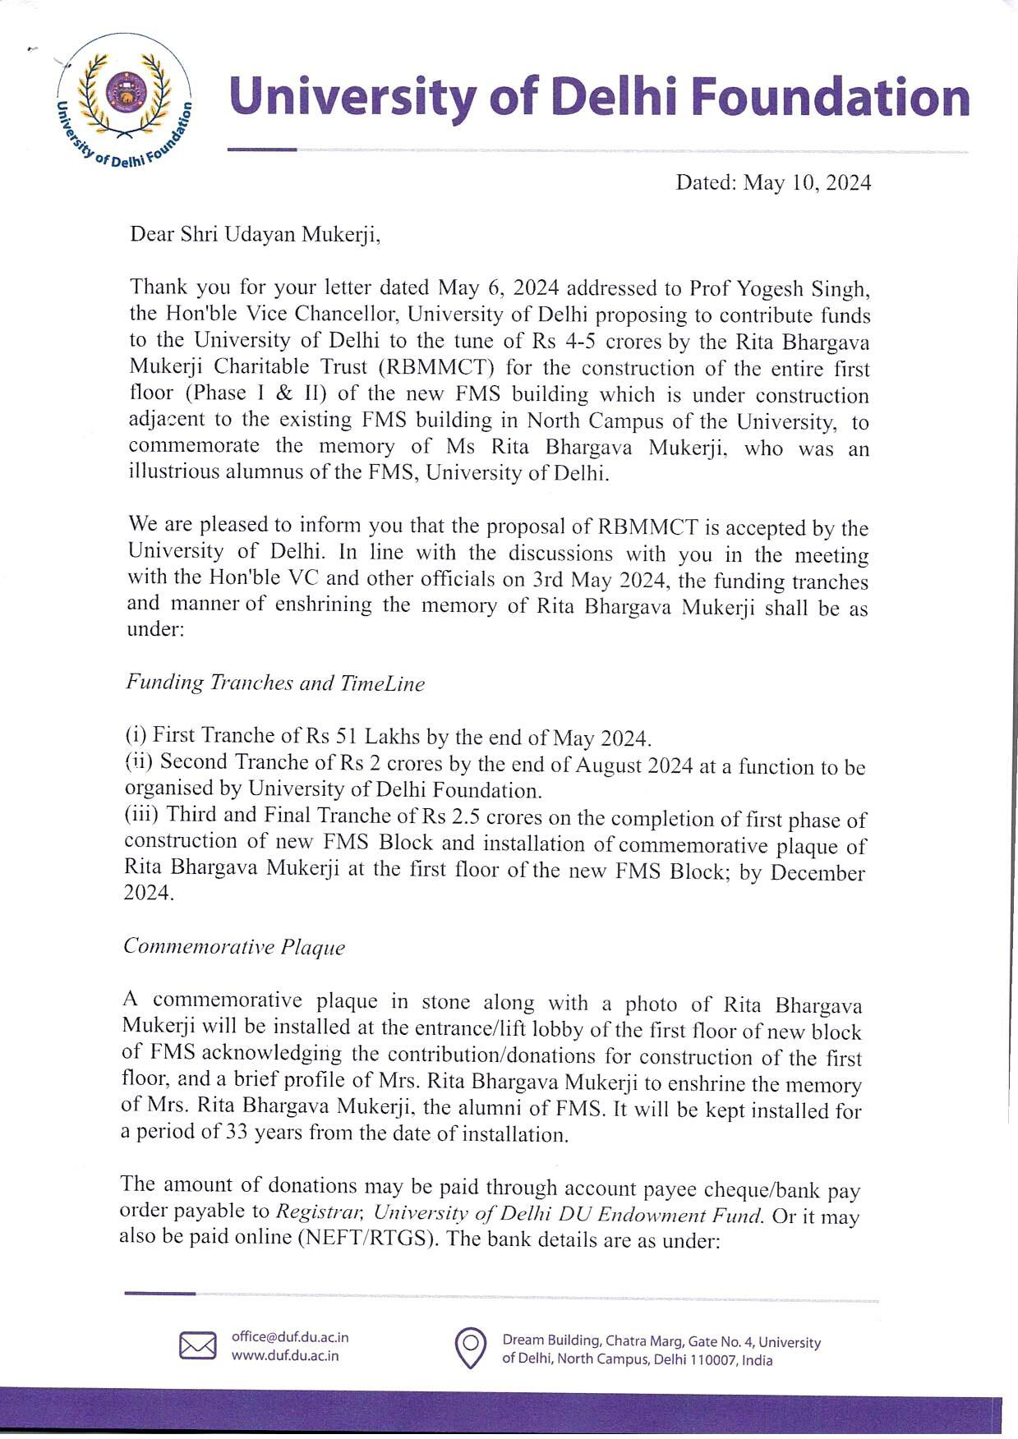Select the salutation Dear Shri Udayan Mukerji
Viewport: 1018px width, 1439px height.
click(256, 235)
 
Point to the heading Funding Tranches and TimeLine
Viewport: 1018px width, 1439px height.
click(275, 683)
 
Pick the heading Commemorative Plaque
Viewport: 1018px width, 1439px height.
click(234, 947)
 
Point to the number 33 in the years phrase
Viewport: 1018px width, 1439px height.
click(236, 1134)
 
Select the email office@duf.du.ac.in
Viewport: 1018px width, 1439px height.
click(290, 1337)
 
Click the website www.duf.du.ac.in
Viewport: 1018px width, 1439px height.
click(284, 1355)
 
